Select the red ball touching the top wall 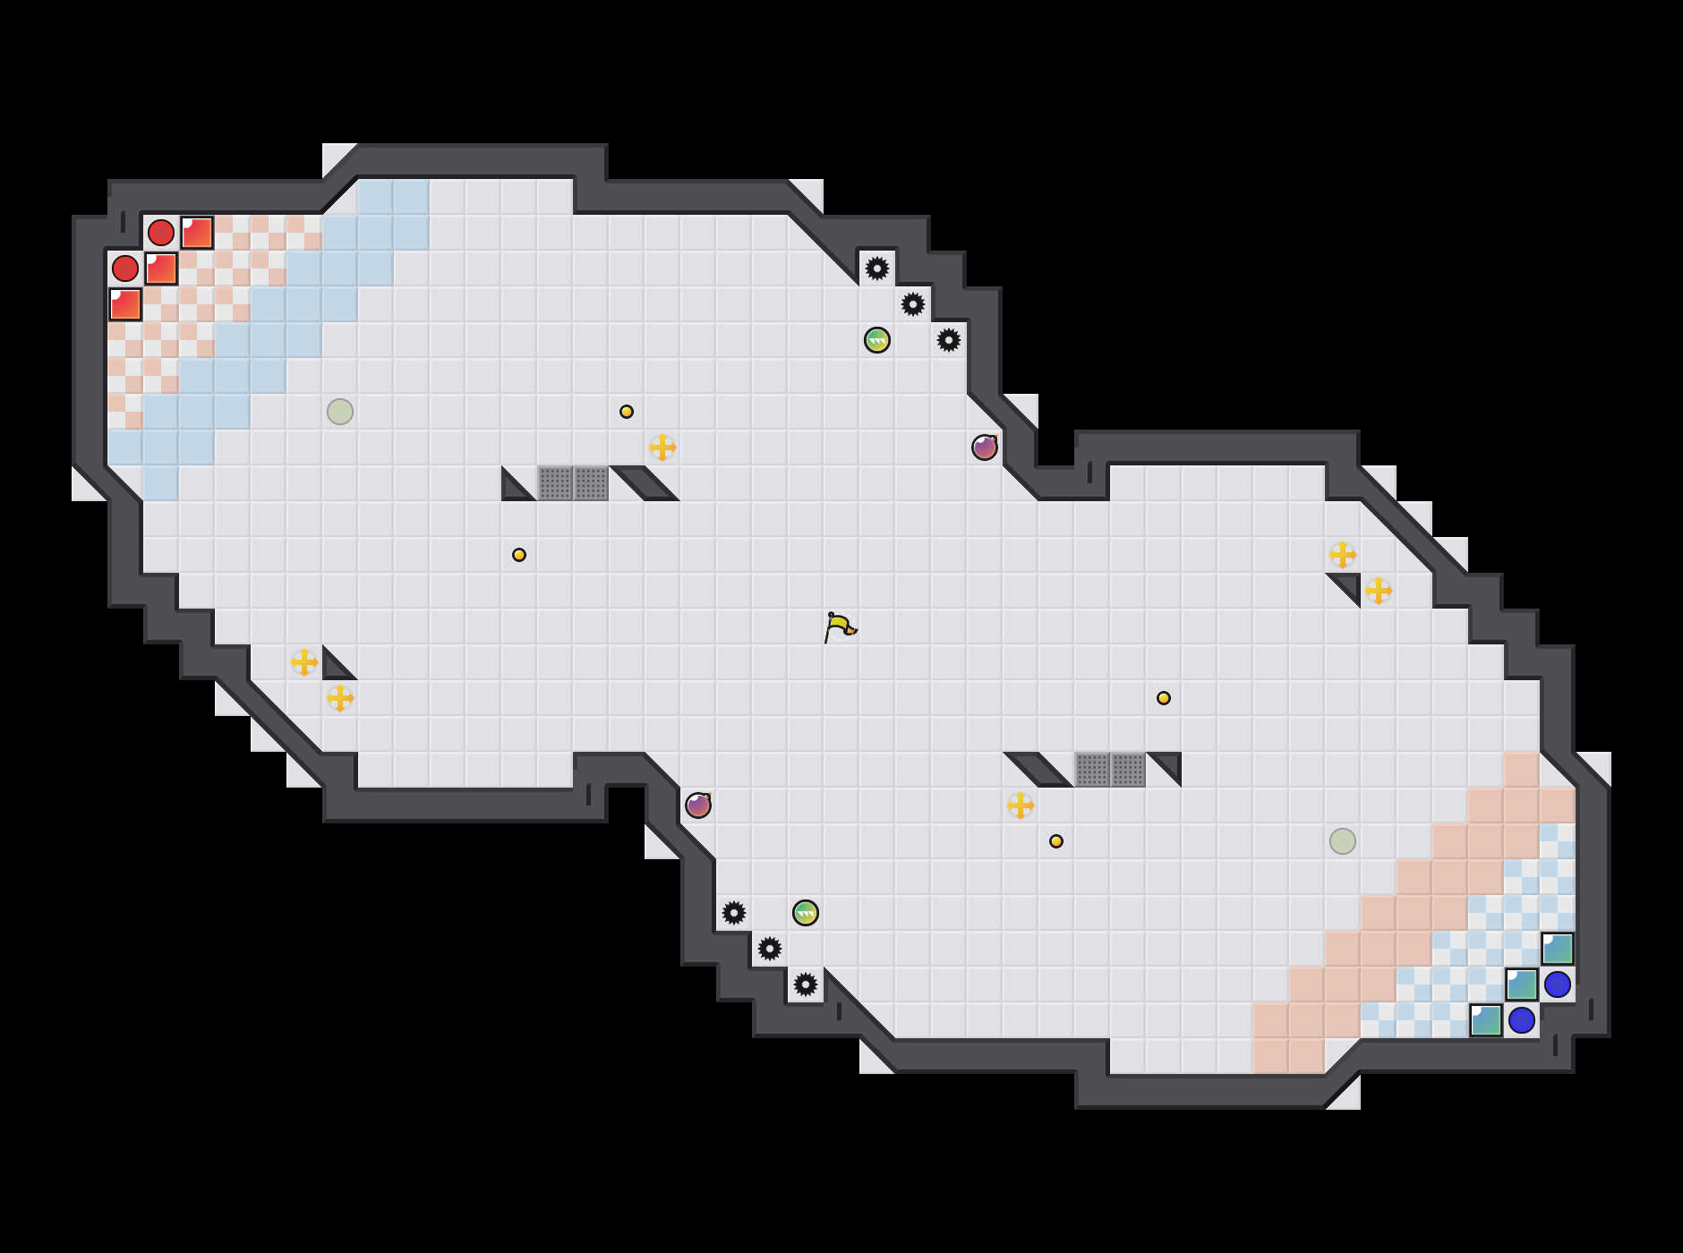[x=161, y=233]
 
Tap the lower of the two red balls [x=125, y=268]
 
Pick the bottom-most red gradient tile [x=125, y=304]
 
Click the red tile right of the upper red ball [x=197, y=233]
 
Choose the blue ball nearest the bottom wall [x=1522, y=1020]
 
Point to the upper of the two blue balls [x=1558, y=984]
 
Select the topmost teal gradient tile [x=1558, y=949]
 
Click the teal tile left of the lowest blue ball [x=1486, y=1020]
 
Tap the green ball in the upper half [x=877, y=340]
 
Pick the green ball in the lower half [x=806, y=913]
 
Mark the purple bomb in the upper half [x=985, y=447]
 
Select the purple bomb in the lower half [x=698, y=805]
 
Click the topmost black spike [x=877, y=268]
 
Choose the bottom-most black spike [x=806, y=984]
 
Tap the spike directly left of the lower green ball [x=734, y=913]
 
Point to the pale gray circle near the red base [x=340, y=412]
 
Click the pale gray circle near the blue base [x=1343, y=841]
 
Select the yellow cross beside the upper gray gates [x=662, y=447]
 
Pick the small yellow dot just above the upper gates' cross [x=627, y=412]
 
